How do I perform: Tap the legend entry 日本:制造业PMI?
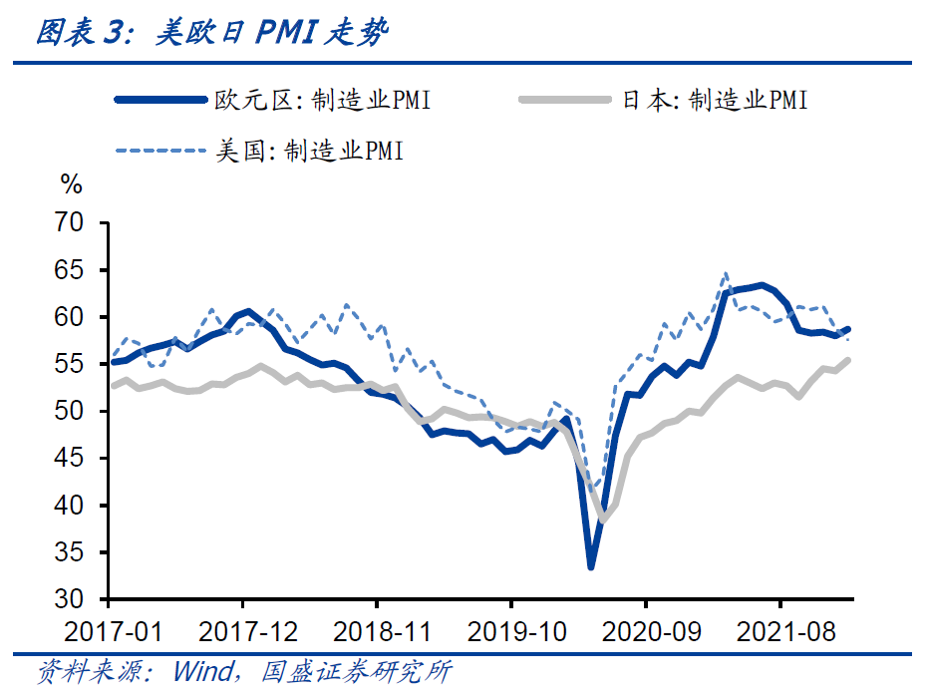(714, 100)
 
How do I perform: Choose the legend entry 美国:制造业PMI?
(308, 151)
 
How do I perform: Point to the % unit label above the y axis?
(71, 184)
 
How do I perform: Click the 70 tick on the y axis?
(77, 223)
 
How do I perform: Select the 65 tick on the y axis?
(77, 270)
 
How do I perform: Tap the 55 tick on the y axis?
(77, 364)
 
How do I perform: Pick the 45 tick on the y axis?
(77, 459)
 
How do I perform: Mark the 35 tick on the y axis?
(77, 552)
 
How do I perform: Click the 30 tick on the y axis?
(77, 599)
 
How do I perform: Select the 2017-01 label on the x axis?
(110, 630)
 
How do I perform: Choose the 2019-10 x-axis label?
(511, 630)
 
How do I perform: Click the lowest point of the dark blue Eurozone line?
(591, 566)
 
